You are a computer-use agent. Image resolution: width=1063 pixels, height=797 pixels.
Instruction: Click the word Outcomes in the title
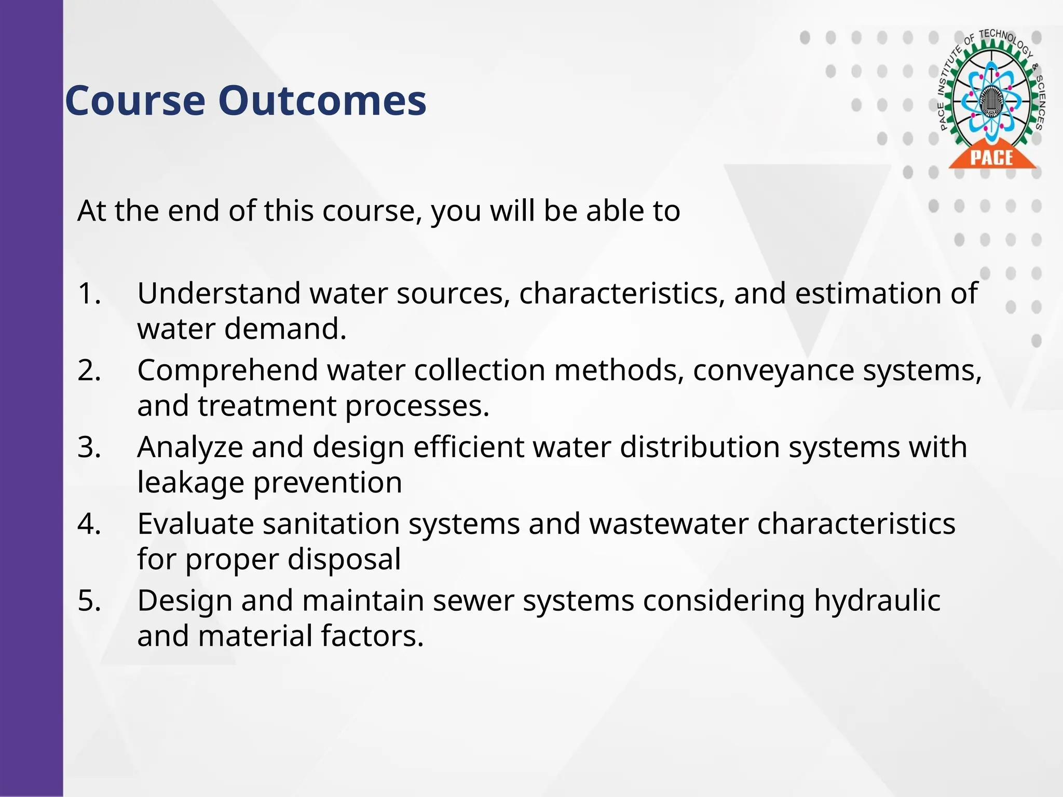tap(322, 101)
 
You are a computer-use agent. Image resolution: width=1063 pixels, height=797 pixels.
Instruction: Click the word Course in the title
tap(135, 101)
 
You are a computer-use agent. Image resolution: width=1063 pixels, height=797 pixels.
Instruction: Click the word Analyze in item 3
tap(190, 447)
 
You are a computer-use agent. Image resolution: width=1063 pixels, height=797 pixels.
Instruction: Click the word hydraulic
tap(877, 601)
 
